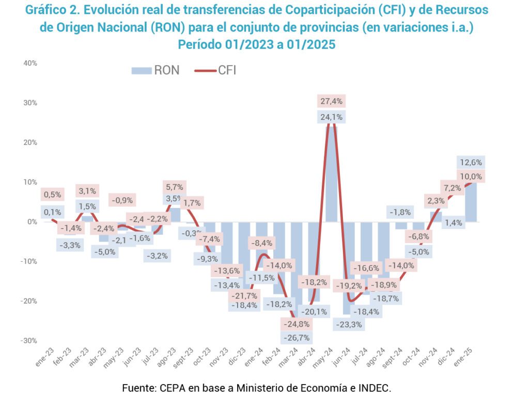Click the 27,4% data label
pos(331,101)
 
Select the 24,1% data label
pos(331,117)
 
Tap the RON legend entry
pos(155,71)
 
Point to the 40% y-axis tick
pos(30,63)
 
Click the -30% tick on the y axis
pos(29,341)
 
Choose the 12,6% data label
pos(470,162)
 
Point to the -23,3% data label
pos(349,324)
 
